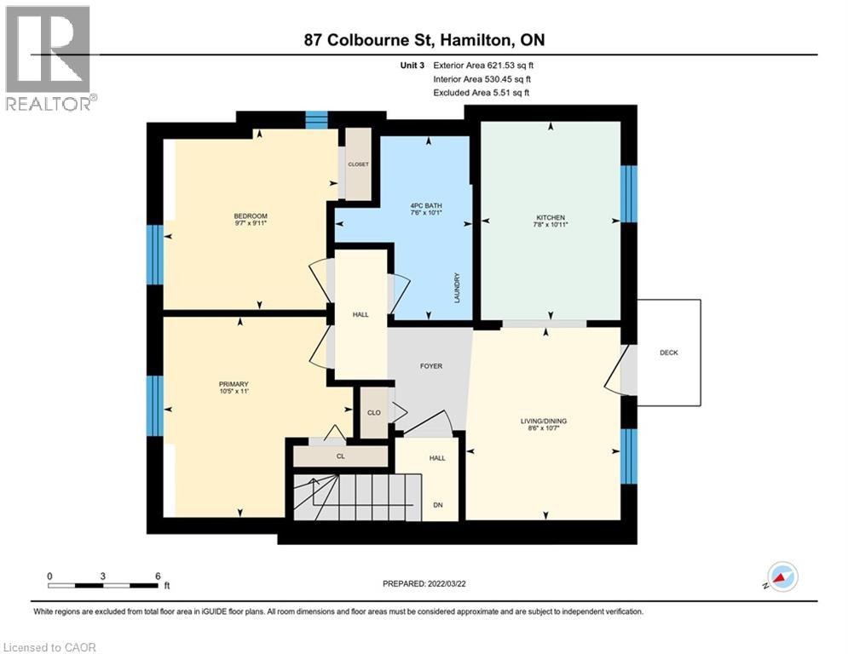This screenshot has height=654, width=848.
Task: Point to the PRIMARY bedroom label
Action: pos(233,384)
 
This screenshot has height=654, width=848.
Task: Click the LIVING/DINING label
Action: pos(543,421)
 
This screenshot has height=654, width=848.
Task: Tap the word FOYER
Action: pos(430,366)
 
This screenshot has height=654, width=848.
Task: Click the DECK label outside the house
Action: pos(668,353)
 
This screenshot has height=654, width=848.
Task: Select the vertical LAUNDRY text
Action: pos(458,288)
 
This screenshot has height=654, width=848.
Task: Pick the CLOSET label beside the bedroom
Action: pos(358,164)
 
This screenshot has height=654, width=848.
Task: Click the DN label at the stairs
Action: pos(438,505)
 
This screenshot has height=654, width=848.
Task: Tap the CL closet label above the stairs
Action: pos(340,457)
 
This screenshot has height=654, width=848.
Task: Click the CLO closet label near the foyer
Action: pos(373,413)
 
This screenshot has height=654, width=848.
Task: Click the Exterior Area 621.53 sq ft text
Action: pos(483,64)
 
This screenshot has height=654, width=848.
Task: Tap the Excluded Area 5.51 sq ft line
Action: pos(481,92)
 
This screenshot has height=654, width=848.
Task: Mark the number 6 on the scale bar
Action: pos(158,576)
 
